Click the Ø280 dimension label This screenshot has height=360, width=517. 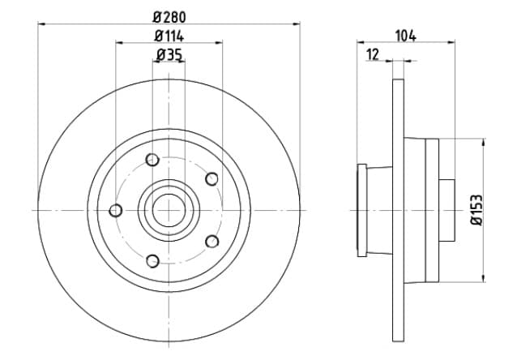(169, 17)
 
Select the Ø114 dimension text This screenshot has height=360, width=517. (169, 36)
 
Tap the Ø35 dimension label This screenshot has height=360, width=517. (169, 55)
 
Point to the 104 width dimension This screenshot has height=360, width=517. (405, 36)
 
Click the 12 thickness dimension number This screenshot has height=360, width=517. (373, 54)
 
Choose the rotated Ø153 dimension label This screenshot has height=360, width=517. (476, 210)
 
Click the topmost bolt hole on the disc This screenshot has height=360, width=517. (152, 160)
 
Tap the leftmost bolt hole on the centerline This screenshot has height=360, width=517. (116, 210)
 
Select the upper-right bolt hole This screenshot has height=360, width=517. (211, 179)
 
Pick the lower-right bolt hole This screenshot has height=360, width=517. (211, 242)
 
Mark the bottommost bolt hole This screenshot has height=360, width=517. (152, 261)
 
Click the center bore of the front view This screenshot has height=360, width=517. (169, 211)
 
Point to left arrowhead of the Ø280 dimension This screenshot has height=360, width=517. (41, 24)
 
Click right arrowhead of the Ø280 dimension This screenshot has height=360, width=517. (297, 24)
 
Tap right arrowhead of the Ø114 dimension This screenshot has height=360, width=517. (219, 42)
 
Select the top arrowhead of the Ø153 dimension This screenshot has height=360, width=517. (484, 143)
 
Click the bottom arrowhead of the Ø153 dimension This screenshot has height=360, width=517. (484, 278)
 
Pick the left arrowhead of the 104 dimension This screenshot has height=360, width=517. (361, 42)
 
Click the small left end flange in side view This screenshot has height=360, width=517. (362, 210)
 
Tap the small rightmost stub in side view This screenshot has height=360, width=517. (446, 210)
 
